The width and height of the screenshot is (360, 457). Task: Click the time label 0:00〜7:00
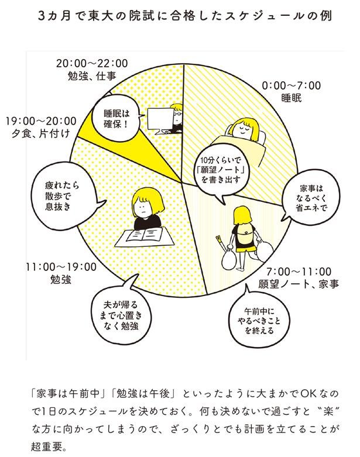pos(291,85)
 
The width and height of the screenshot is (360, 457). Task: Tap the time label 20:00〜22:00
pos(92,63)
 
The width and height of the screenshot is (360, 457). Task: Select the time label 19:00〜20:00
pos(41,121)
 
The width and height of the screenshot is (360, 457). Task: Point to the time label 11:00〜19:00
pos(61,267)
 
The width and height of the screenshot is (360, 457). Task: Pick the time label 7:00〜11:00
pos(299,272)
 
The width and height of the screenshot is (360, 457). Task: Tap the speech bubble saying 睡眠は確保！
pos(116,118)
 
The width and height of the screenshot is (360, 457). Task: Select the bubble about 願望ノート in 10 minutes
pos(221,170)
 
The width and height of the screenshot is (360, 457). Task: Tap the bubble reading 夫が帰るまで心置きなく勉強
pos(121,315)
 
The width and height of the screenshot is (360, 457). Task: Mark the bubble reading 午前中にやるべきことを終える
pos(259,321)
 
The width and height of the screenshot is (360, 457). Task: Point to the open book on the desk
pos(144,234)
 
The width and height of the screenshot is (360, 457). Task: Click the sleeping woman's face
pos(244,129)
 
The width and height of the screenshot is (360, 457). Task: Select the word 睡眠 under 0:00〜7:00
pos(291,98)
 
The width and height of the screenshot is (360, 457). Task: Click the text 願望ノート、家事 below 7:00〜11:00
pos(299,284)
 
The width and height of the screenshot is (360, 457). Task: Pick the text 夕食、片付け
pos(41,133)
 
